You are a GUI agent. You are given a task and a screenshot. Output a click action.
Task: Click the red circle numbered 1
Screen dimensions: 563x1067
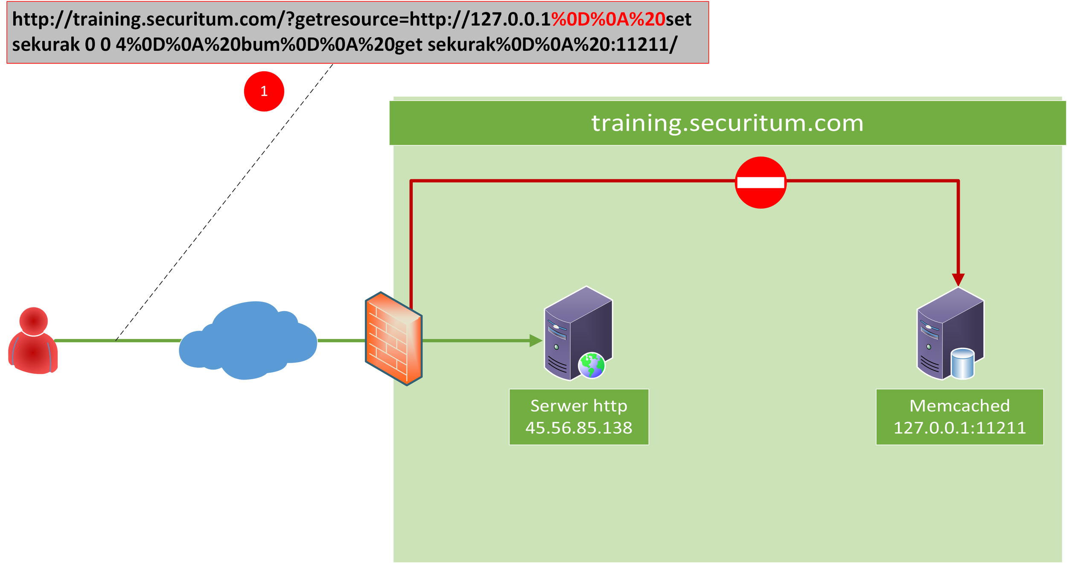(x=264, y=91)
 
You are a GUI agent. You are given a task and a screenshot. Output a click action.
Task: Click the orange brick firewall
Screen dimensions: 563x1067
(x=394, y=339)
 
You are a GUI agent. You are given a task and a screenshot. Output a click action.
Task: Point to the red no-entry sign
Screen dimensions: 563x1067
(x=760, y=183)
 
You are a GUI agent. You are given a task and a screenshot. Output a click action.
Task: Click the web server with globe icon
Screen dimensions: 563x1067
(x=577, y=334)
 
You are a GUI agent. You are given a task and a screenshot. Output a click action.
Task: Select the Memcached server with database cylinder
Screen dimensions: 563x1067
(x=950, y=334)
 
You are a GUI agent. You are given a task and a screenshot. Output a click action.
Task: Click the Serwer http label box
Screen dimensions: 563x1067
(x=578, y=416)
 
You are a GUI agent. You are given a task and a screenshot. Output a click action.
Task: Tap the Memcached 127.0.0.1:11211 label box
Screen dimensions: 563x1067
(x=959, y=416)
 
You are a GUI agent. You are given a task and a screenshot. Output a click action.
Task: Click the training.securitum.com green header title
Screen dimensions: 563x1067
(x=727, y=123)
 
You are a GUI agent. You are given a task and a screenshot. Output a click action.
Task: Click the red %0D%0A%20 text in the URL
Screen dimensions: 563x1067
(x=608, y=20)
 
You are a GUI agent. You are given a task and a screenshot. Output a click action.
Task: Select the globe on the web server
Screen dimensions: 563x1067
(x=591, y=365)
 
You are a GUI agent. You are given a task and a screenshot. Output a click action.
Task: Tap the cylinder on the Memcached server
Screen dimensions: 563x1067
(x=962, y=364)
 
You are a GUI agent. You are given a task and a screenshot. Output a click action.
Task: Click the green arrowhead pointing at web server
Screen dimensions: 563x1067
(x=535, y=340)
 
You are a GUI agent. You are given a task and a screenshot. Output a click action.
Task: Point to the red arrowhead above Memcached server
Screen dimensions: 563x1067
(x=958, y=279)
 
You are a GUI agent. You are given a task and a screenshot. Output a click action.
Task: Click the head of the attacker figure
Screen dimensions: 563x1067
(x=33, y=321)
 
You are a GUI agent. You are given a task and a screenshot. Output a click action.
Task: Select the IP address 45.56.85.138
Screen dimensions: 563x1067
(x=578, y=428)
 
